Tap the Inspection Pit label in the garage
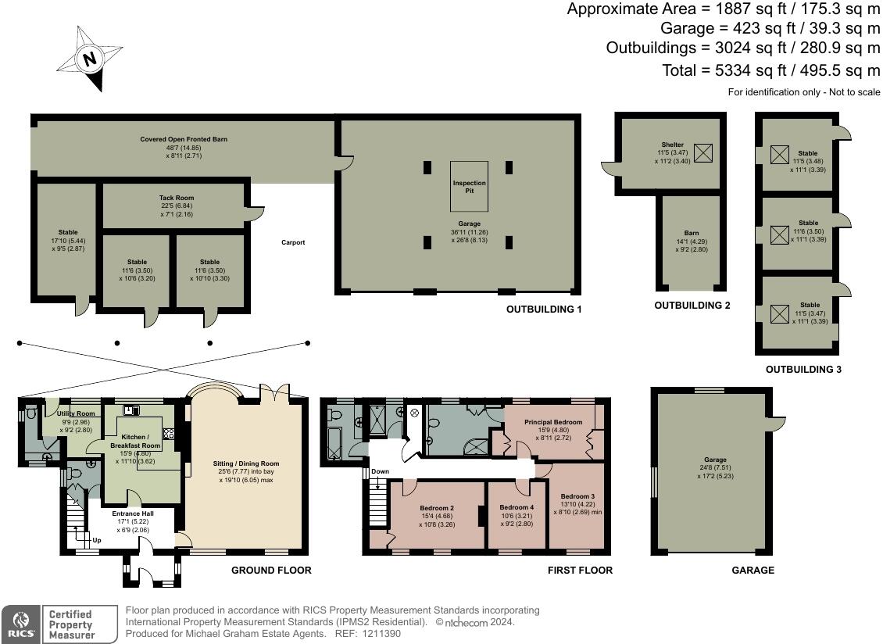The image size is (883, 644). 469,186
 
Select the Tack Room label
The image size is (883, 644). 177,198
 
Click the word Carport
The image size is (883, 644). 293,242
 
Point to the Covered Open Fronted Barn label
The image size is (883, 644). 184,139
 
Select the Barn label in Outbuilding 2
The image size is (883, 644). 691,233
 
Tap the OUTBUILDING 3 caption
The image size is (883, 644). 803,369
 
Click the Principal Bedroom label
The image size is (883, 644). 553,422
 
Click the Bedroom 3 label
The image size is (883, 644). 577,496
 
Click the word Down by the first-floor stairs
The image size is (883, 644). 380,472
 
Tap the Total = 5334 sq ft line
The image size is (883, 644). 771,70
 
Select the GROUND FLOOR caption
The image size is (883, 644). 271,571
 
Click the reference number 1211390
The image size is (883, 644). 378,634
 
